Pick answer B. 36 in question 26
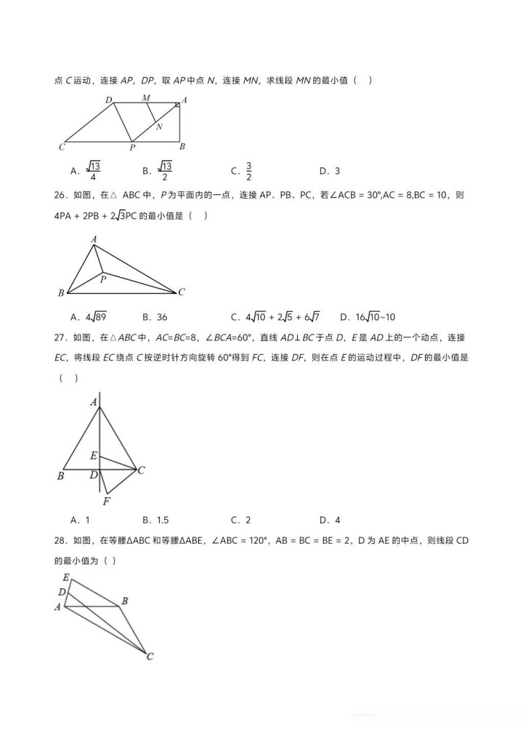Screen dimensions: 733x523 pyautogui.click(x=155, y=317)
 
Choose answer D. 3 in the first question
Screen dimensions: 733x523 pyautogui.click(x=329, y=172)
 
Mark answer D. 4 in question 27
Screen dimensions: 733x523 pyautogui.click(x=329, y=520)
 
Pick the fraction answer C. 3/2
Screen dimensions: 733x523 pyautogui.click(x=243, y=171)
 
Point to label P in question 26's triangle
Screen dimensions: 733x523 pyautogui.click(x=103, y=278)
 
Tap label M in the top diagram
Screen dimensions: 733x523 pyautogui.click(x=146, y=97)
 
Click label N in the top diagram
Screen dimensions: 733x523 pyautogui.click(x=158, y=127)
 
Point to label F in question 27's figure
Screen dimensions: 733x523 pyautogui.click(x=106, y=501)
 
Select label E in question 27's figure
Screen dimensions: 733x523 pyautogui.click(x=93, y=456)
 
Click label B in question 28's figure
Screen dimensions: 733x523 pyautogui.click(x=125, y=601)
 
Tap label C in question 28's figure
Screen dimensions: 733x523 pyautogui.click(x=150, y=657)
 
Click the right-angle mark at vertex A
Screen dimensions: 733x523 pyautogui.click(x=177, y=106)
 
